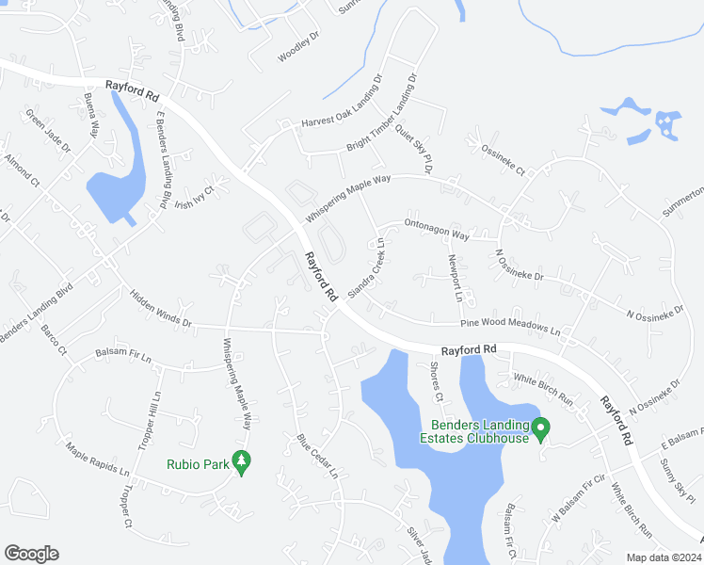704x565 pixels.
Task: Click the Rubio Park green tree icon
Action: point(243,462)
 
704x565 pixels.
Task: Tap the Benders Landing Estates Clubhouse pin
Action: point(540,429)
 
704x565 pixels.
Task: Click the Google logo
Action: point(31,554)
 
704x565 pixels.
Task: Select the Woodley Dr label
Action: point(299,46)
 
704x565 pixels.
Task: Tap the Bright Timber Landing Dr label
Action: point(381,118)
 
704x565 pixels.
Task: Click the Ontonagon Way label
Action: point(436,229)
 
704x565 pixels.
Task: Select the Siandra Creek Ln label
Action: point(367,267)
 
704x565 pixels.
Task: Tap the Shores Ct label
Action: point(437,381)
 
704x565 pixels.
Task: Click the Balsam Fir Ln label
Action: point(124,354)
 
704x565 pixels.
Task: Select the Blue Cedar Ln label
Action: point(316,455)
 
